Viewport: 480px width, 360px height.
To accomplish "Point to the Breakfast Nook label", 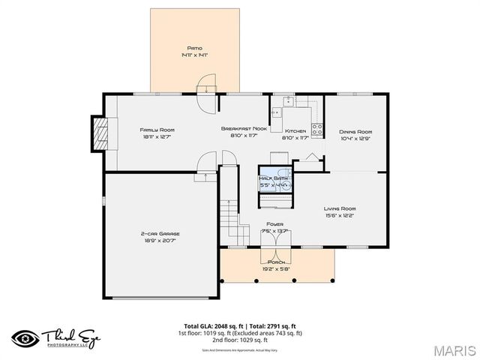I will pos(244,129).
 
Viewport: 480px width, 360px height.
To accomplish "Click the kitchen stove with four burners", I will pos(316,129).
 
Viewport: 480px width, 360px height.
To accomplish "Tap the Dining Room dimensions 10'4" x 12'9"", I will pos(355,137).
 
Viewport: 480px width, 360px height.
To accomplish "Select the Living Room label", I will pos(339,208).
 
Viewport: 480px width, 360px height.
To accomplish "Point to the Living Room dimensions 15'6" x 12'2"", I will pos(339,216).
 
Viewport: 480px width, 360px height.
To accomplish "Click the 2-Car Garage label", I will pos(160,234).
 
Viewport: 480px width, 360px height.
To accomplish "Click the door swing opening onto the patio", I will pos(206,82).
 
